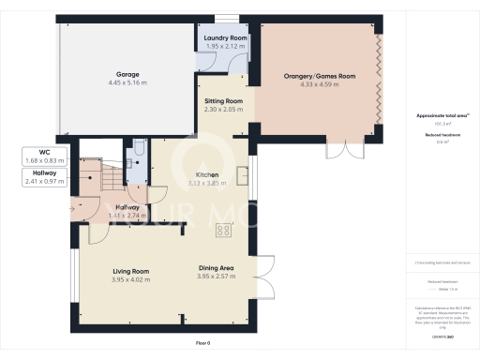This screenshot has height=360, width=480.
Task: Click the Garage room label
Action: tap(127, 73)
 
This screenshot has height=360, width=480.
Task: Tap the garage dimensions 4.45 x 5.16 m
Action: tap(127, 82)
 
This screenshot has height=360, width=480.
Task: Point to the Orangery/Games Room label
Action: tap(320, 76)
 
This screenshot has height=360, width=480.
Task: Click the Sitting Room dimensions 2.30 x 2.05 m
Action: tap(224, 109)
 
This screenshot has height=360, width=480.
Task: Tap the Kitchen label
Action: tap(207, 174)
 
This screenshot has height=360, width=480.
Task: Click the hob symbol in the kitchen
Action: tap(224, 230)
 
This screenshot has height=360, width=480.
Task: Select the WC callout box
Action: tap(44, 156)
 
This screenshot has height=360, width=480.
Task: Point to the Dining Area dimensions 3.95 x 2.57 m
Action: tap(215, 278)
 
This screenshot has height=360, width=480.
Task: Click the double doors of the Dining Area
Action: tap(264, 277)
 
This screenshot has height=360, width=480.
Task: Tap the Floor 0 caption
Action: tap(203, 343)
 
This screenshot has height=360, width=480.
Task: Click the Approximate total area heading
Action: tap(437, 115)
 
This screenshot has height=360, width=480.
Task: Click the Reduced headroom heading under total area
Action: tap(437, 135)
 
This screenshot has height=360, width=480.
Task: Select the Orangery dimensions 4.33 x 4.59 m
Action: tap(320, 86)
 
